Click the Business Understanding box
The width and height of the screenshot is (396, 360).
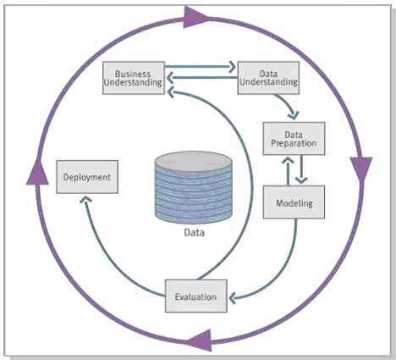pos(134,78)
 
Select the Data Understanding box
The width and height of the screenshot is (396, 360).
pos(268,78)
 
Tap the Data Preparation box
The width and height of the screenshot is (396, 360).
pos(294,139)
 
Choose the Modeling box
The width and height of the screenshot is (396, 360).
pos(294,202)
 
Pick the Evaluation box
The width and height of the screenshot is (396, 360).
pos(196,296)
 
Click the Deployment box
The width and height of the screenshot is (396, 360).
pos(87,177)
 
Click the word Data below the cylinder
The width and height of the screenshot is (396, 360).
pos(195,233)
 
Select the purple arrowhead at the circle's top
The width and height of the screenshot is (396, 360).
pos(196,18)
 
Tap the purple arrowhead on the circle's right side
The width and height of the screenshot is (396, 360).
pos(361,168)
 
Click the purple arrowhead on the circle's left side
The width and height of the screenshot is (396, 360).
pos(37,173)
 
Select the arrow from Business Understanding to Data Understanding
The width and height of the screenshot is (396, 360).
pos(201,67)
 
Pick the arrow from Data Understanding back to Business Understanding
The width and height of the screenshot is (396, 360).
pos(202,77)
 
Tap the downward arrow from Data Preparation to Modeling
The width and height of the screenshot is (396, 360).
pos(301,169)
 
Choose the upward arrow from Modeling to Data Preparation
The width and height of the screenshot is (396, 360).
pos(288,171)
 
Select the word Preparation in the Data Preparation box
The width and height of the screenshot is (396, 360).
pos(294,143)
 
